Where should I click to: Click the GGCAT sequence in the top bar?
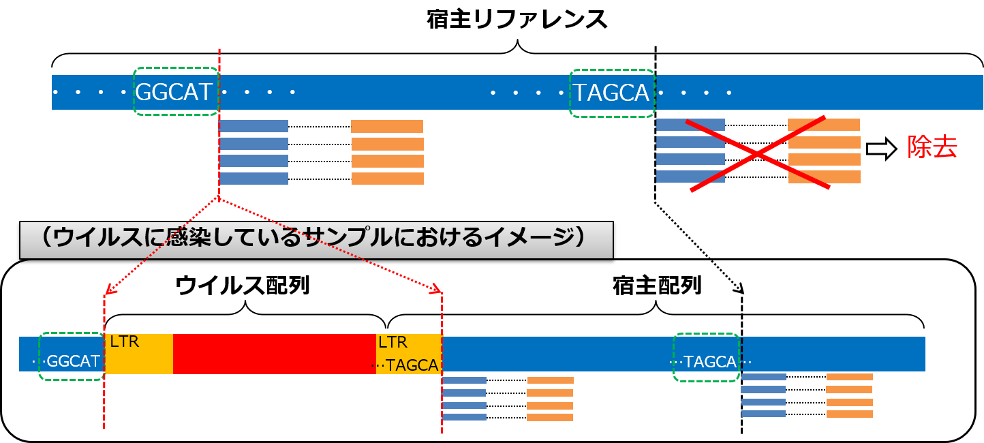coord(174,92)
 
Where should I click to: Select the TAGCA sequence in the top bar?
coord(611,92)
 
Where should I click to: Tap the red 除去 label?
coord(932,147)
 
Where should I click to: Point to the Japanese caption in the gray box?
coord(316,239)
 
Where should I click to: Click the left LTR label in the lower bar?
coord(125,341)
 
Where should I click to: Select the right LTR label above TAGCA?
coord(393,341)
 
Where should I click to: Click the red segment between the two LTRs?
coord(274,354)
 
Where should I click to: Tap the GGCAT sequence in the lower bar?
coord(74,361)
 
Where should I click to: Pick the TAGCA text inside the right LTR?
coord(412,365)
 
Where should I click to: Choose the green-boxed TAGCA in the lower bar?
coord(710,362)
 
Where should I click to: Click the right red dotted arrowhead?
coord(437,291)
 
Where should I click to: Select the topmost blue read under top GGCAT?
coord(253,126)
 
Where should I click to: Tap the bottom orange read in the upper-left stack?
coord(387,179)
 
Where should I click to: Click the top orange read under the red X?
coord(823,125)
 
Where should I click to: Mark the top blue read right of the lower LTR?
coord(464,380)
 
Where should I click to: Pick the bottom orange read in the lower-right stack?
coord(849,414)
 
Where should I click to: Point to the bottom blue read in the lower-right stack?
coord(763,414)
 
